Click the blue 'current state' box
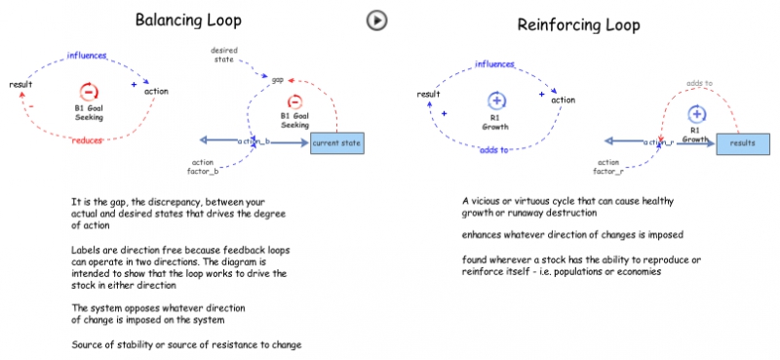(337, 144)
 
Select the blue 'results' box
(743, 142)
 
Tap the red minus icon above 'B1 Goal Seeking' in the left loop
(88, 92)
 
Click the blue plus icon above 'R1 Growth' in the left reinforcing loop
(496, 100)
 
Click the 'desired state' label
(224, 53)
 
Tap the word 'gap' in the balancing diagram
(278, 79)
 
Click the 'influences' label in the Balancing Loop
(87, 55)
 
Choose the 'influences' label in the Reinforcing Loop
(495, 64)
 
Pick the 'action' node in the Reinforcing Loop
(563, 100)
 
